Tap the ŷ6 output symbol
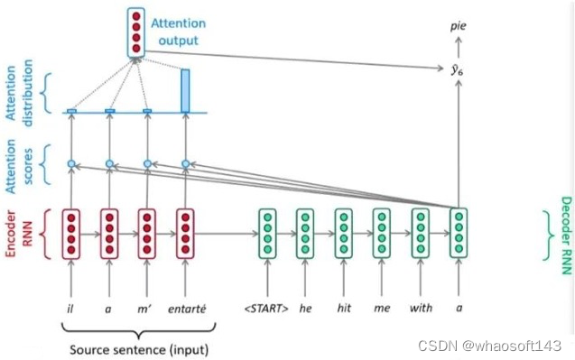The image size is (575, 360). (459, 67)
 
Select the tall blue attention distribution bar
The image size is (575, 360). (186, 91)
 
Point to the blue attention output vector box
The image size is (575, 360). (136, 32)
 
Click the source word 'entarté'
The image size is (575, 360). (187, 308)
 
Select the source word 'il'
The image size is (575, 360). (70, 308)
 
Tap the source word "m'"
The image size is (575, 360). (147, 308)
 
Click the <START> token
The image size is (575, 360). (265, 308)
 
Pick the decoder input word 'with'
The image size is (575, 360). (420, 308)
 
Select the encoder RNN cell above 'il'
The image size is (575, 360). (70, 233)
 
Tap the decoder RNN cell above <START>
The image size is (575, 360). (266, 233)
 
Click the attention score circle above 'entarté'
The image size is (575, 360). (186, 163)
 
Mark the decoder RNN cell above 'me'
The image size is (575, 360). (382, 233)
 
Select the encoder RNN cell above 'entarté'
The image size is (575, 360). (186, 233)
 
